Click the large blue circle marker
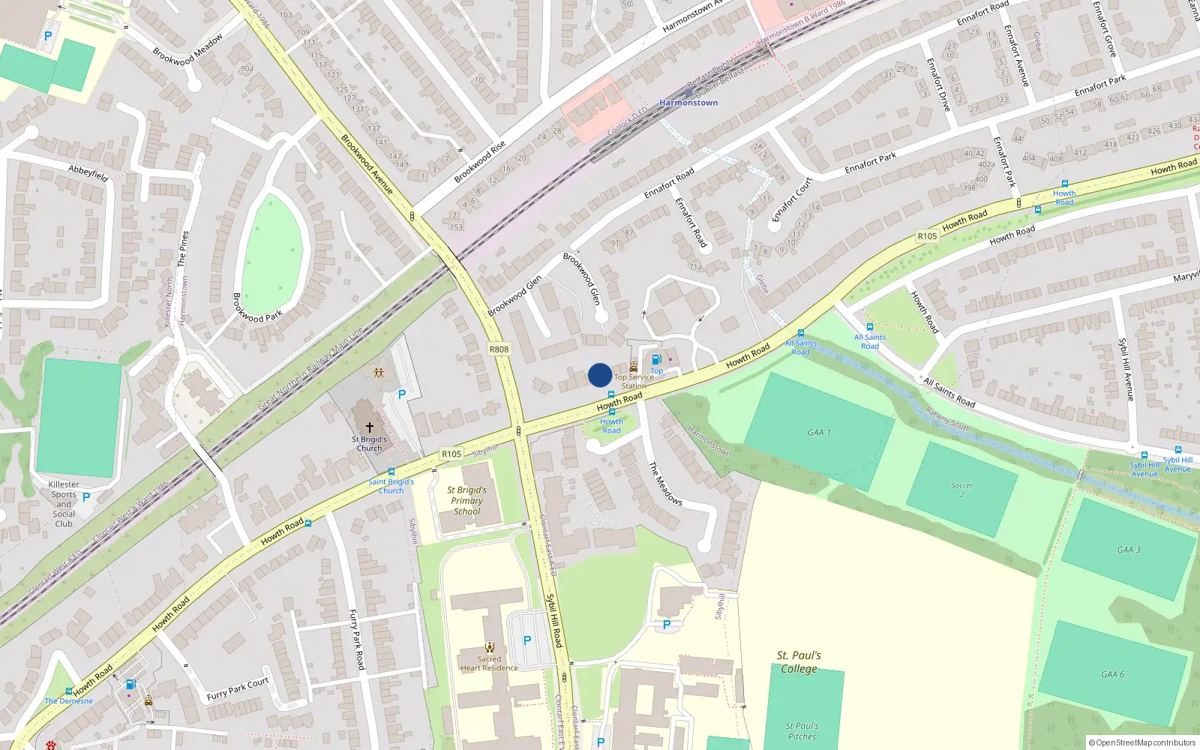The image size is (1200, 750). pyautogui.click(x=600, y=375)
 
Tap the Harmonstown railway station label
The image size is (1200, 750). pyautogui.click(x=688, y=103)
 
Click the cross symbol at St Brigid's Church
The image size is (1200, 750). pyautogui.click(x=369, y=427)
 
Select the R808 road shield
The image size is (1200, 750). pyautogui.click(x=499, y=349)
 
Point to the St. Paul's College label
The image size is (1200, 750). pyautogui.click(x=799, y=661)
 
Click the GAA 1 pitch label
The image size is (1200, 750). pyautogui.click(x=819, y=432)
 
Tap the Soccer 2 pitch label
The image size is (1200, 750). pyautogui.click(x=961, y=490)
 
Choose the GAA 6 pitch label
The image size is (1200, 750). pyautogui.click(x=1112, y=674)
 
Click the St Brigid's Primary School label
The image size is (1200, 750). pyautogui.click(x=466, y=500)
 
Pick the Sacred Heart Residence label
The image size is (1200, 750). pyautogui.click(x=489, y=663)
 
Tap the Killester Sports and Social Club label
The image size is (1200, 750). pyautogui.click(x=64, y=504)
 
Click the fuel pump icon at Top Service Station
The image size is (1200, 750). pyautogui.click(x=656, y=360)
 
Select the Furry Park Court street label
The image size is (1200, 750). pyautogui.click(x=238, y=689)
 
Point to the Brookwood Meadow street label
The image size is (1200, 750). pyautogui.click(x=187, y=50)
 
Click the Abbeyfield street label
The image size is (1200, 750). pyautogui.click(x=88, y=173)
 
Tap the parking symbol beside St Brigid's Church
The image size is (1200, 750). pyautogui.click(x=402, y=394)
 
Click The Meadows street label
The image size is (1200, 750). pyautogui.click(x=665, y=483)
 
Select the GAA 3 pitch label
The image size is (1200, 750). pyautogui.click(x=1128, y=550)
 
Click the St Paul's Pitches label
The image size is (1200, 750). pyautogui.click(x=802, y=730)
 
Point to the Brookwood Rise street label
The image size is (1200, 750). pyautogui.click(x=479, y=162)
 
